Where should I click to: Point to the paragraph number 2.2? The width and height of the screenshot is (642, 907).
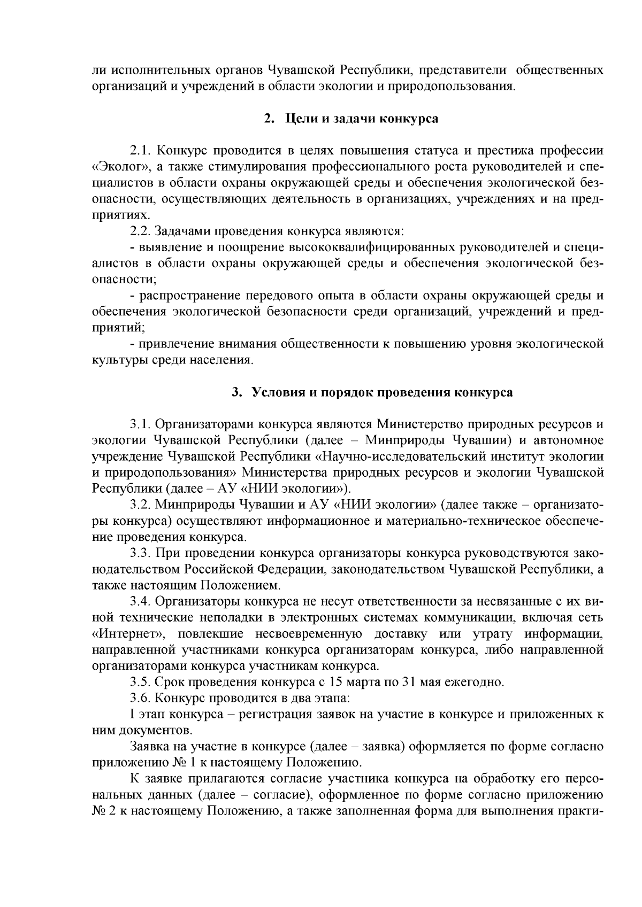pos(142,231)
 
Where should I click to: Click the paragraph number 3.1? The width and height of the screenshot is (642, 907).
pos(142,424)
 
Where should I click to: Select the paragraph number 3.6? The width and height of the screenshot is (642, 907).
pos(142,698)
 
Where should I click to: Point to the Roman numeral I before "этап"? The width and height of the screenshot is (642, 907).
pos(132,715)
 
